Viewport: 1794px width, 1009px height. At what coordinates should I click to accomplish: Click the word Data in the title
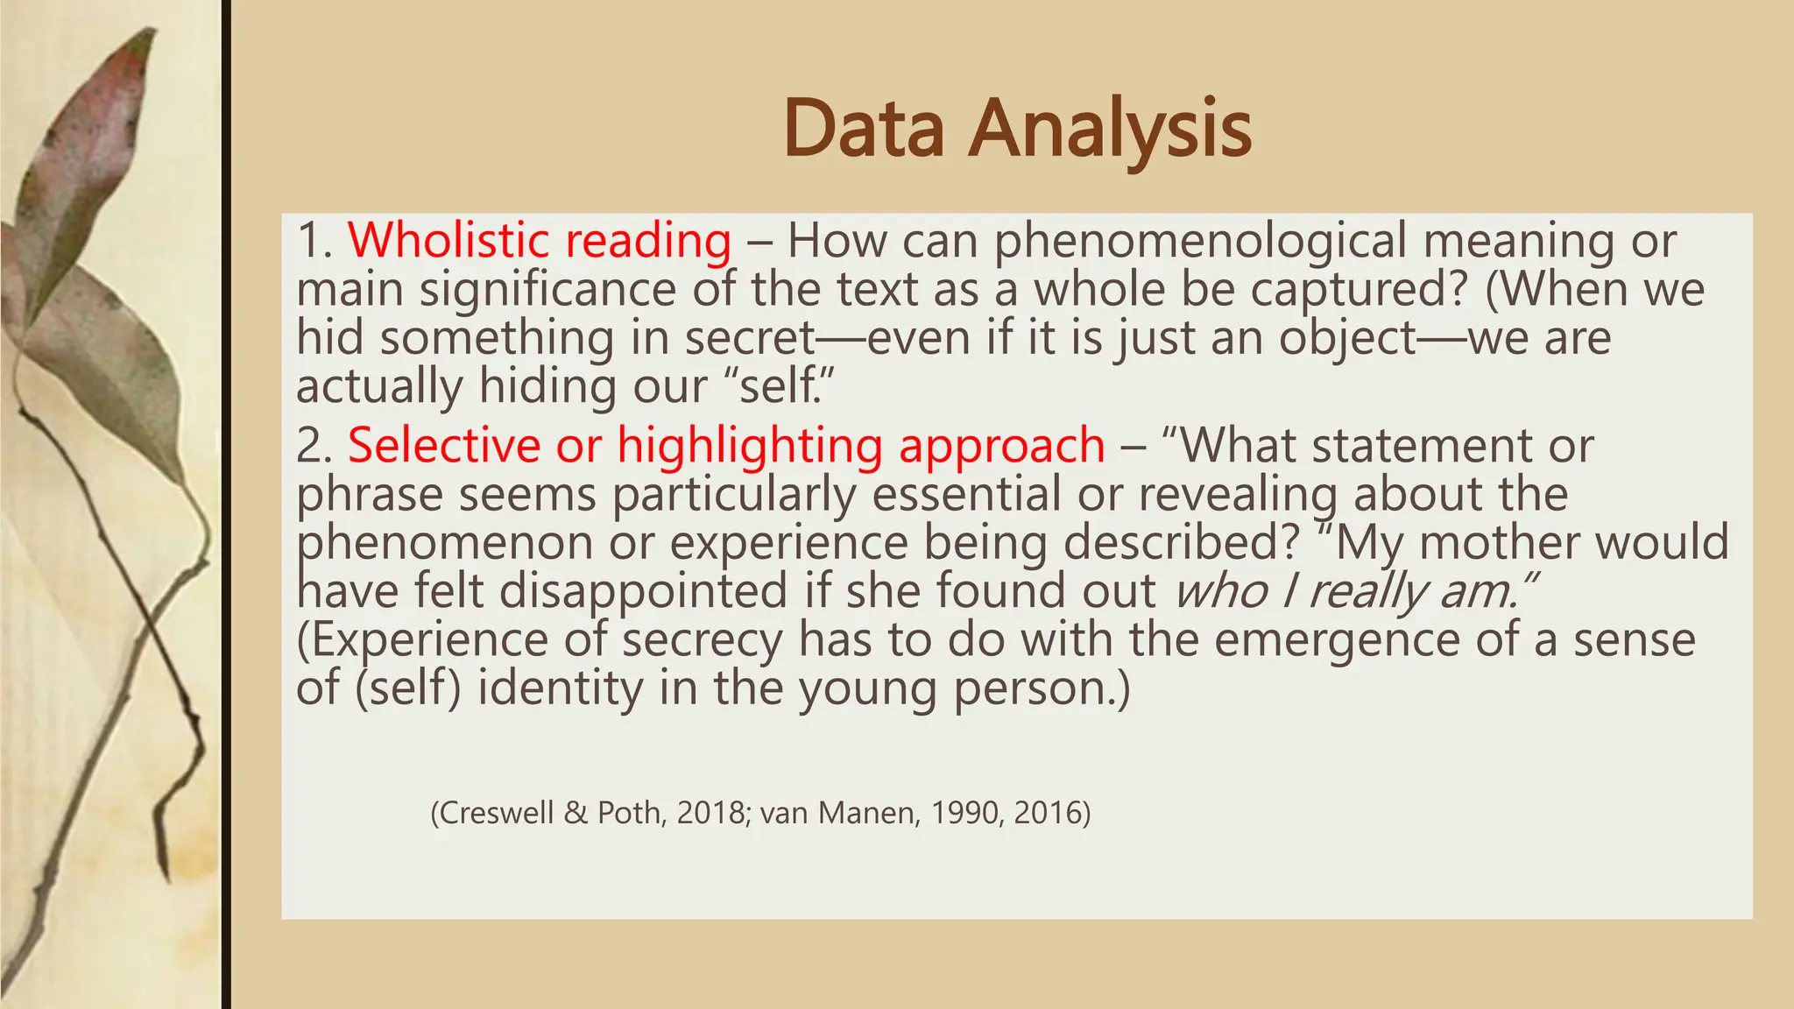864,129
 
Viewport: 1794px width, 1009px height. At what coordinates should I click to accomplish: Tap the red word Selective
444,445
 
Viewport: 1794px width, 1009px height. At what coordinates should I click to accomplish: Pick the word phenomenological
1199,242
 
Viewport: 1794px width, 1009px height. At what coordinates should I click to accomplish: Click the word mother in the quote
1499,542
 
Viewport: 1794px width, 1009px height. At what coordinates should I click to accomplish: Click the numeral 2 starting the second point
311,446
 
